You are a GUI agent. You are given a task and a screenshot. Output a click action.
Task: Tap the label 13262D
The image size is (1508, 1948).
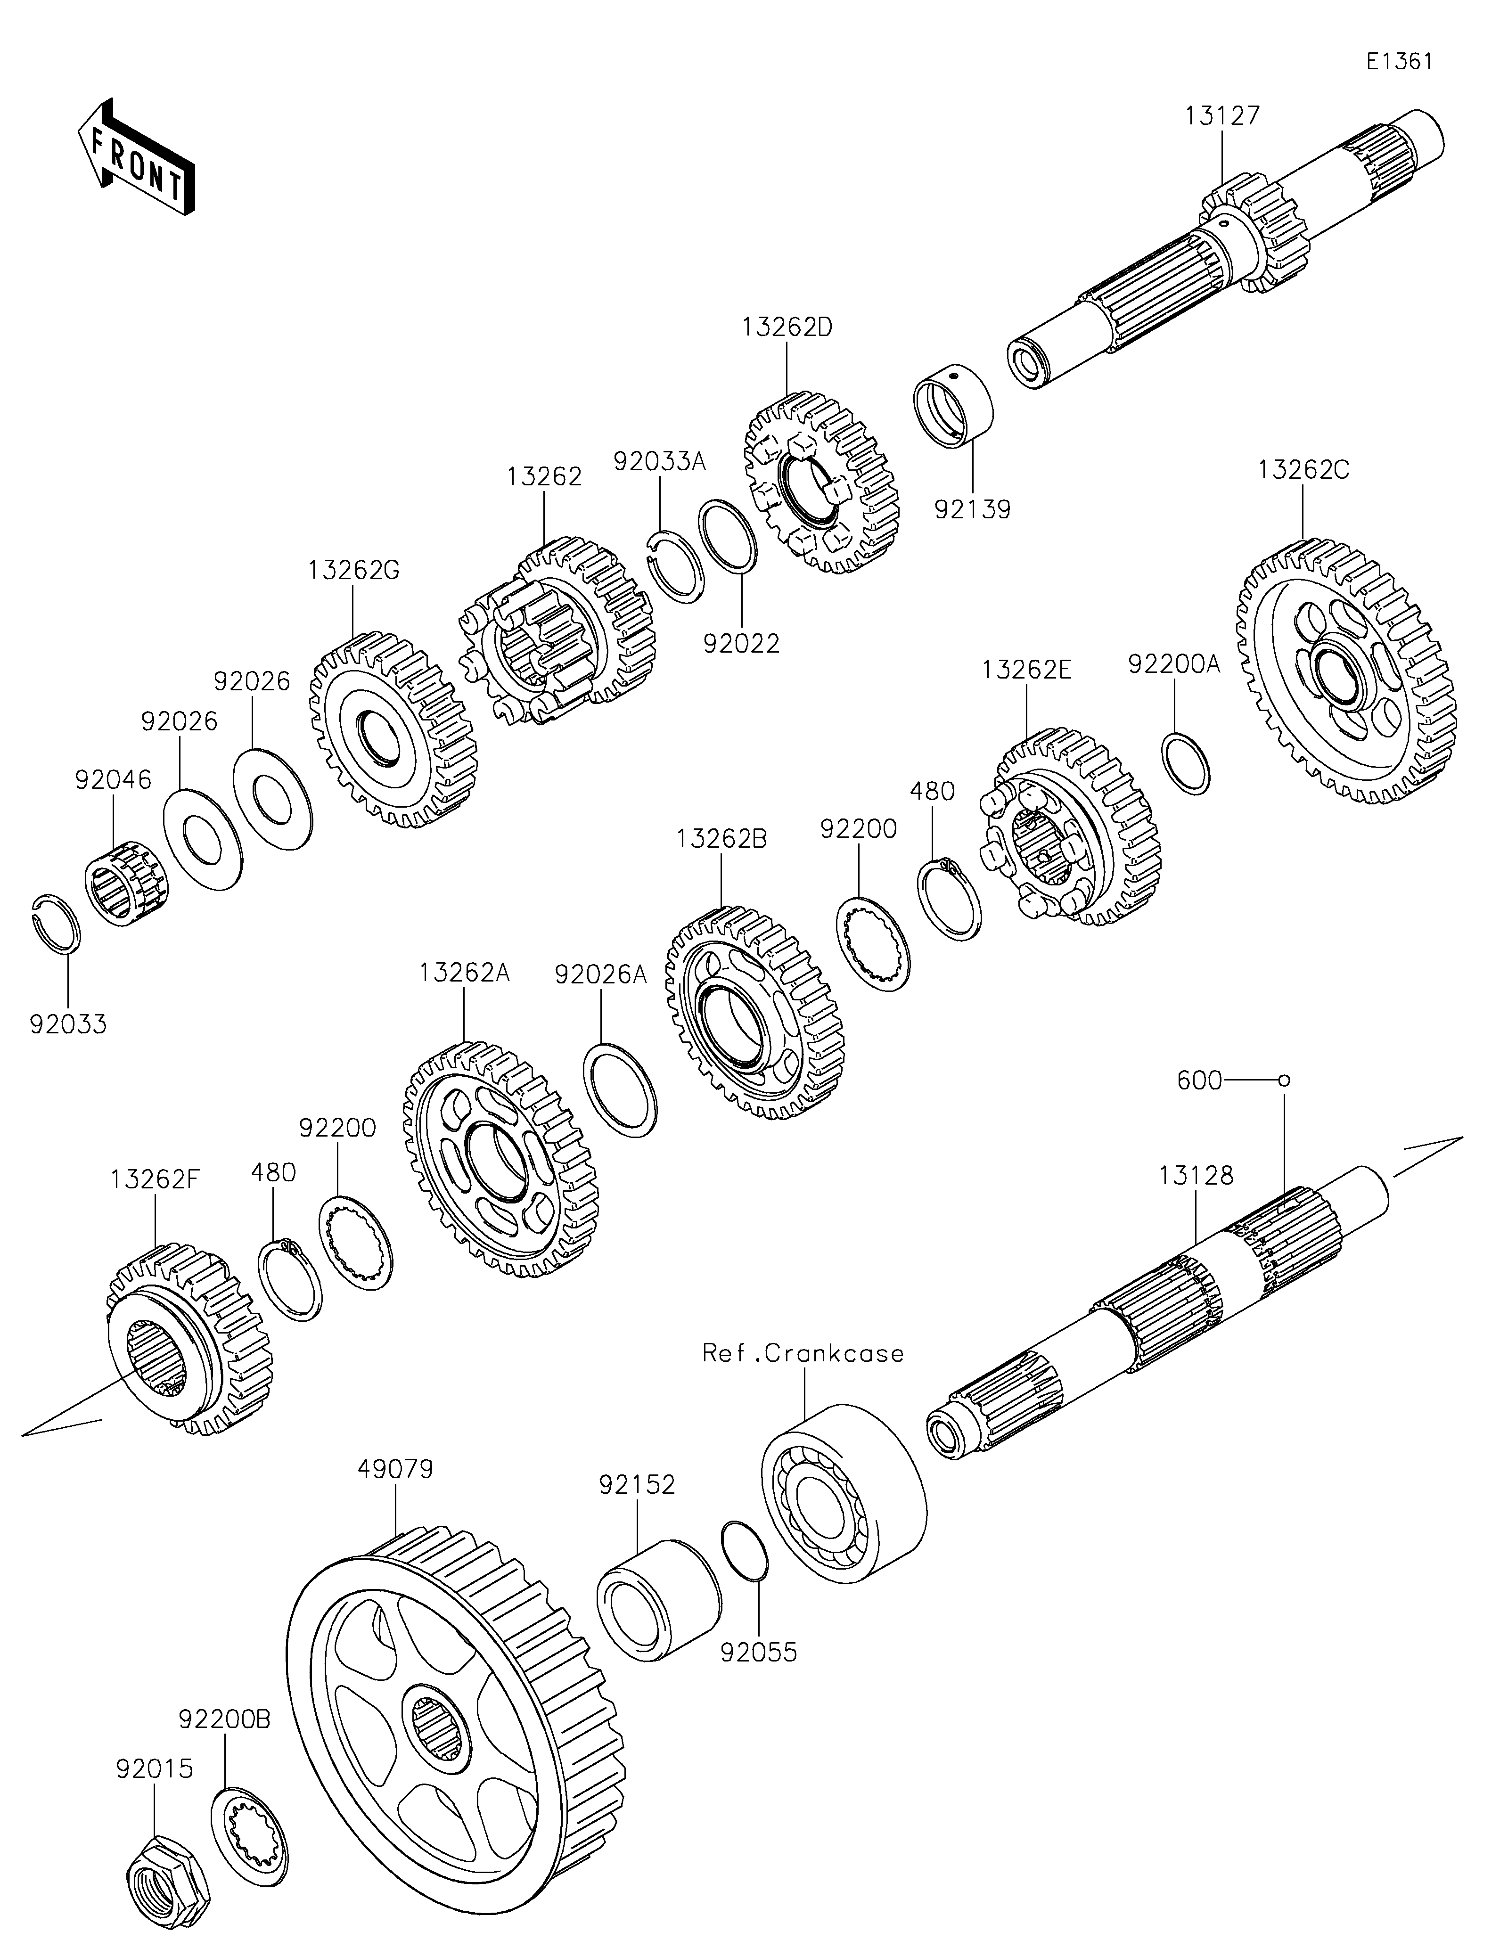787,327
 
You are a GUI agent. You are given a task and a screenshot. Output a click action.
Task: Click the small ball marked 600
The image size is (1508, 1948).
1284,1081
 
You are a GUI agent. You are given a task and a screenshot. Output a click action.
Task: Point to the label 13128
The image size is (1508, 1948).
1197,1176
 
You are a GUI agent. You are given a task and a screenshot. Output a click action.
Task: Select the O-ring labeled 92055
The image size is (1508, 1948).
744,1553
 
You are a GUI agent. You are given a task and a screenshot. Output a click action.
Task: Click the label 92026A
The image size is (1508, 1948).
600,974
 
